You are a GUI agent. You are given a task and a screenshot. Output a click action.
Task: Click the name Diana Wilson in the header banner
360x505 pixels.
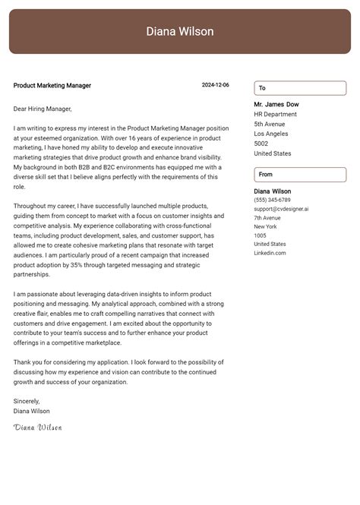(x=180, y=32)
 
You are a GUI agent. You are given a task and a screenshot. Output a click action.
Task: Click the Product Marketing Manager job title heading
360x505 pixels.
(x=52, y=86)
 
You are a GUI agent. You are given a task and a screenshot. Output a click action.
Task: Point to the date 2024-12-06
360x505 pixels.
(x=215, y=86)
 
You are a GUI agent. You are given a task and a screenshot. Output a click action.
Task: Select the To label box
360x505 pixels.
(x=299, y=88)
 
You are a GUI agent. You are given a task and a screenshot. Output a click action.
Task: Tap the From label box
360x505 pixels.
(x=299, y=175)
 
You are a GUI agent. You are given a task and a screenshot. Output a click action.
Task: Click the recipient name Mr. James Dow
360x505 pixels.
(x=276, y=104)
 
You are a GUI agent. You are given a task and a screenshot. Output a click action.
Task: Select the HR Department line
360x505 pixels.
(x=276, y=114)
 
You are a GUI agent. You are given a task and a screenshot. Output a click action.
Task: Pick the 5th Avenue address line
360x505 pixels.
(x=270, y=124)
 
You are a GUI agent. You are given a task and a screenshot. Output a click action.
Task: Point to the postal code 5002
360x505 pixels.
(x=261, y=144)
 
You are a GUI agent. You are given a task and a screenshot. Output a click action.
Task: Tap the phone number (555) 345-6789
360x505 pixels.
(x=272, y=200)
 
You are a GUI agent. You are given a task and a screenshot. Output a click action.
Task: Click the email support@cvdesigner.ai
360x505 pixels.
(x=281, y=209)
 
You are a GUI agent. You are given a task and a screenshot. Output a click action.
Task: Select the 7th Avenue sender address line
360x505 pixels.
(x=267, y=218)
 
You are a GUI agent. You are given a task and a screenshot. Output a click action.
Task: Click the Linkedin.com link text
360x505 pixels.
(x=270, y=253)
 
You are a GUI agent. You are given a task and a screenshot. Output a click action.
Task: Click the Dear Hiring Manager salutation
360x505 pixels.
(x=43, y=109)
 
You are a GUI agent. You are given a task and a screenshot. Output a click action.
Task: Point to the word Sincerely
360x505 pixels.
(x=27, y=401)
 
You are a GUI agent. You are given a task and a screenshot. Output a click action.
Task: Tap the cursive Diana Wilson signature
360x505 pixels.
(x=37, y=428)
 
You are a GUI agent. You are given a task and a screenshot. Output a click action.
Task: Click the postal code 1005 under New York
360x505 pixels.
(x=261, y=235)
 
